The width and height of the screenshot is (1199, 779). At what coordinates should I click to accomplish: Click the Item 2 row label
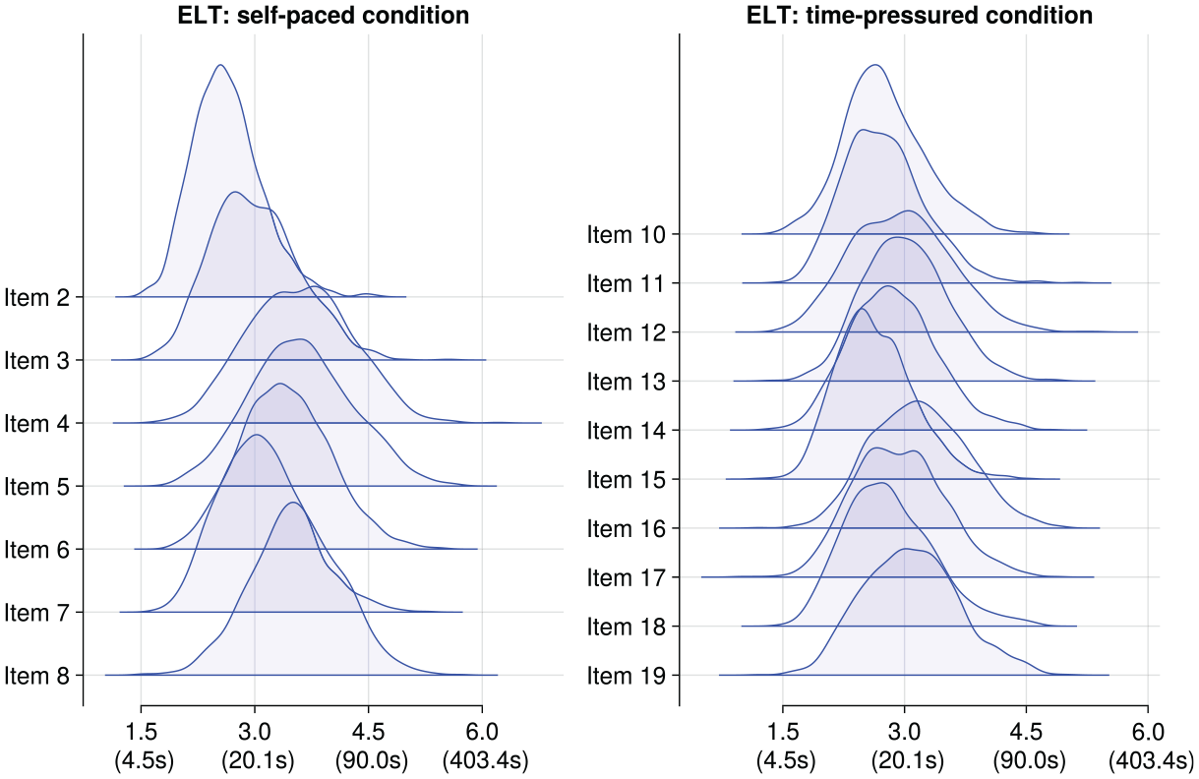click(x=37, y=297)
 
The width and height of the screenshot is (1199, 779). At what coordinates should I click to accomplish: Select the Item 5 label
click(x=37, y=487)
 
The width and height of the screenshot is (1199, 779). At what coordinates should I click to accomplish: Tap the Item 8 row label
click(x=37, y=676)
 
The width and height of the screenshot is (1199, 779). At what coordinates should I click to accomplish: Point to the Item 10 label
click(x=627, y=234)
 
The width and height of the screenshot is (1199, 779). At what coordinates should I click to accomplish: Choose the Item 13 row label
click(x=627, y=382)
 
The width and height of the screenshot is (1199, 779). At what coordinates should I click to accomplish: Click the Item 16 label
click(x=627, y=529)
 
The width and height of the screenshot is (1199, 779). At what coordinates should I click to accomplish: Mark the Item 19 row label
click(x=627, y=676)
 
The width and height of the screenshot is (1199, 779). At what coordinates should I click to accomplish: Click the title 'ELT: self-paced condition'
click(x=324, y=15)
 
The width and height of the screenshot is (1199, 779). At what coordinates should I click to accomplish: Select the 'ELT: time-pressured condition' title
click(x=920, y=15)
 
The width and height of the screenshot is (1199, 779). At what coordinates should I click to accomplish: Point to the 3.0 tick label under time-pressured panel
click(x=905, y=732)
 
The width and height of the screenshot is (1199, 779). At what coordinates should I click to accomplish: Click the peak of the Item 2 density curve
click(x=220, y=65)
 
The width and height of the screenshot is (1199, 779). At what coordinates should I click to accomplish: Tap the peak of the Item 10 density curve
click(x=875, y=65)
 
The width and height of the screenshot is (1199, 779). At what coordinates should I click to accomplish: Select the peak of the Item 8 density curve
click(x=293, y=503)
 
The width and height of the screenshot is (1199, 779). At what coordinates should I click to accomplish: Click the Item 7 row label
click(x=37, y=613)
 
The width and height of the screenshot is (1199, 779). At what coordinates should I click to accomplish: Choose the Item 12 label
click(x=627, y=332)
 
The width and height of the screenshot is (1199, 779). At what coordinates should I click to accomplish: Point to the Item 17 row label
click(x=627, y=577)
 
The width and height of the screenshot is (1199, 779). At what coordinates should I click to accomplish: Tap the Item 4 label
click(x=37, y=424)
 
